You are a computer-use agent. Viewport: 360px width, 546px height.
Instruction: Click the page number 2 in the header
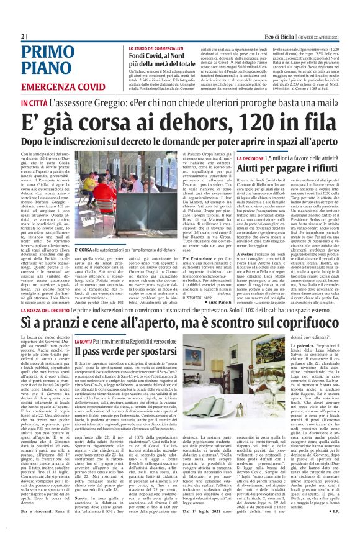(x=22, y=37)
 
